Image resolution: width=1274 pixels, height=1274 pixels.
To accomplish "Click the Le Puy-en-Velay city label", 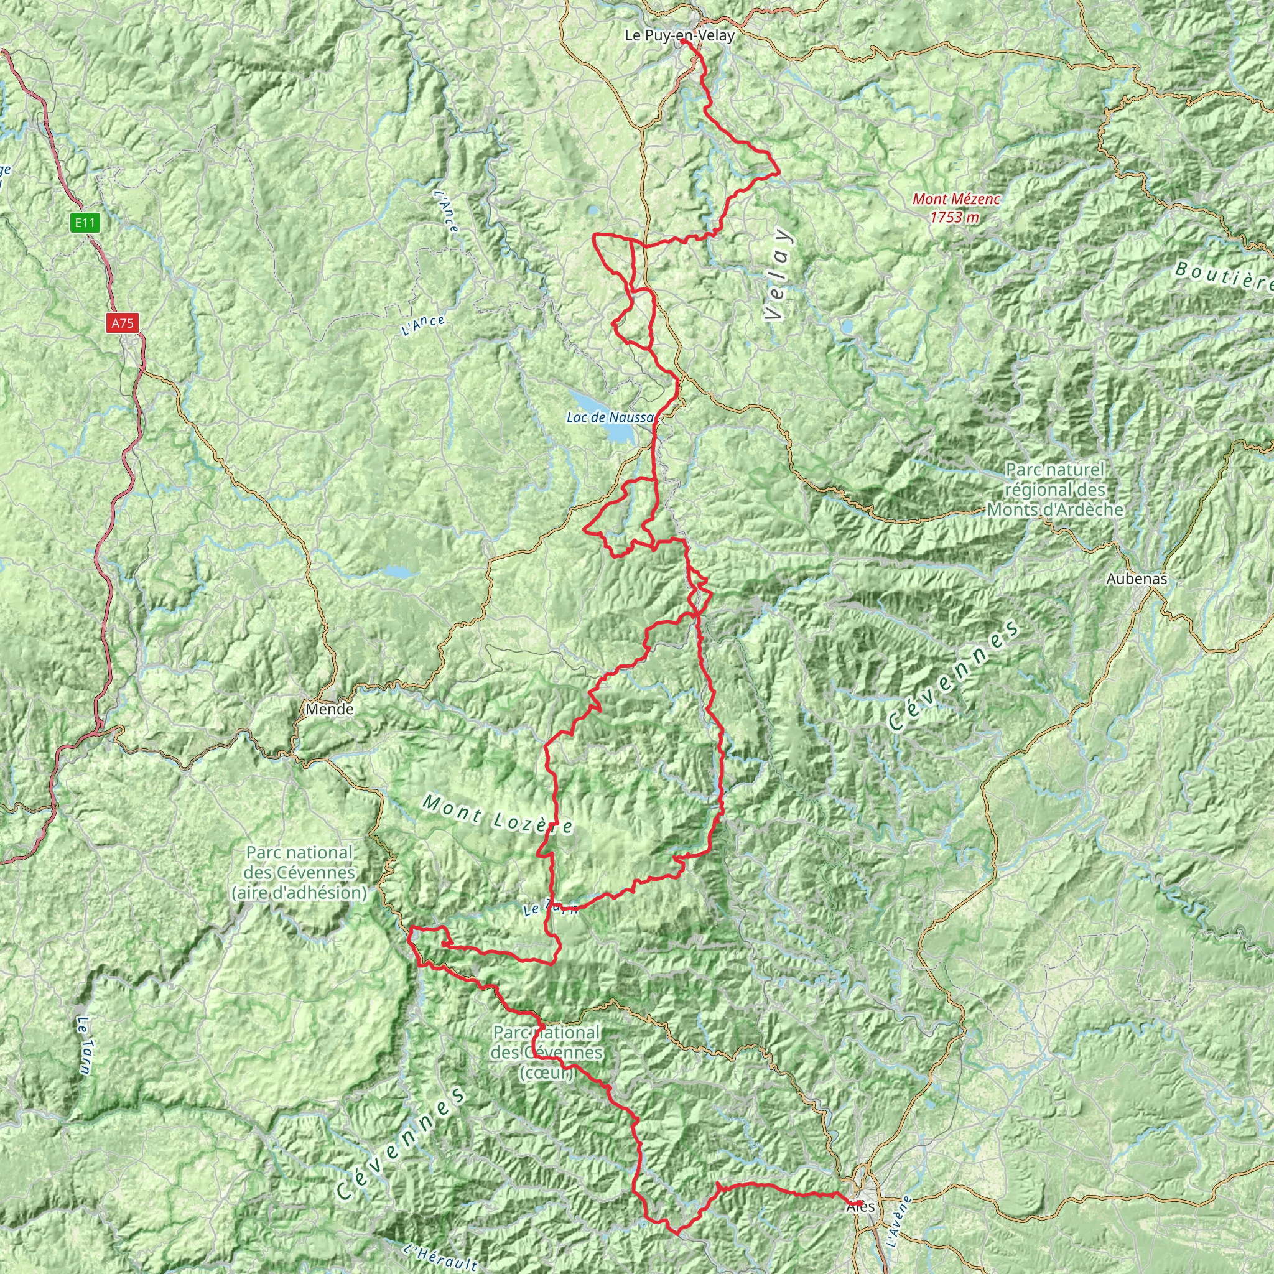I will [x=679, y=35].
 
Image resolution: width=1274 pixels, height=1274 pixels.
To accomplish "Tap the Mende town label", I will [x=330, y=710].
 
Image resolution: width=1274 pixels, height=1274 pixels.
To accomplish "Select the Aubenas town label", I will [x=1137, y=579].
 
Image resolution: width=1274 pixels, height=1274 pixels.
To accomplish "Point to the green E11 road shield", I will [x=85, y=223].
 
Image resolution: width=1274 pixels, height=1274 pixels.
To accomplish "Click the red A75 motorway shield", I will [x=122, y=323].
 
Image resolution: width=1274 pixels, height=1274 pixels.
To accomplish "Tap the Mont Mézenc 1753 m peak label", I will [x=955, y=207].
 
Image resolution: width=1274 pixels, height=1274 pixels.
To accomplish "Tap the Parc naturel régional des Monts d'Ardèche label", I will [x=1054, y=490].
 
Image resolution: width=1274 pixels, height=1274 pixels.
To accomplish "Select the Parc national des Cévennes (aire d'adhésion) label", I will [x=299, y=872].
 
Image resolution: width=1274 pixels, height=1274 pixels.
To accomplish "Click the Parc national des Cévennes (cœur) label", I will [x=547, y=1052].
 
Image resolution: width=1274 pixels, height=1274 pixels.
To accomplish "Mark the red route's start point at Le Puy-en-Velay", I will [x=682, y=41].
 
